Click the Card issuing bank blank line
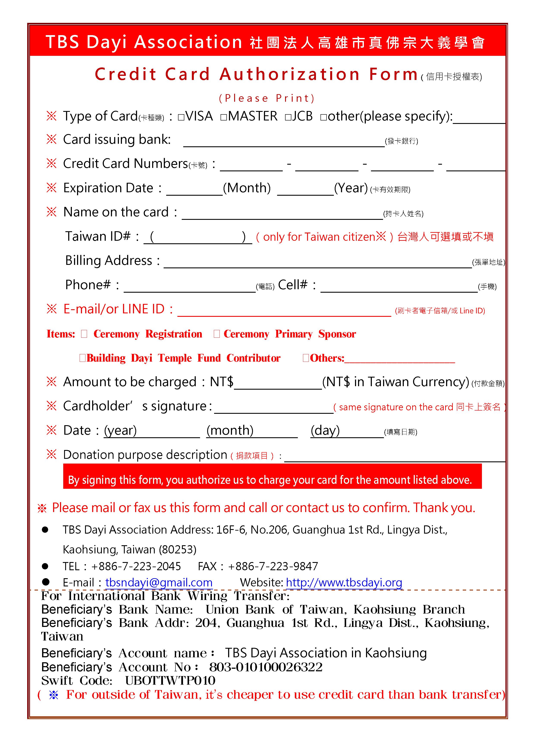(284, 142)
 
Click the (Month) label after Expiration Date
(247, 188)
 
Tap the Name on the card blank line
(282, 215)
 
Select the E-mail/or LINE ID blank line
(284, 311)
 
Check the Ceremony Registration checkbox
(84, 334)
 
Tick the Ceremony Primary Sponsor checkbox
(217, 334)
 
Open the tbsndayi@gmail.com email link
(159, 583)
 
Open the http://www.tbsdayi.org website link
(344, 583)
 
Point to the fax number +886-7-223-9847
(273, 566)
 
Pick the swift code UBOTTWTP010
(170, 681)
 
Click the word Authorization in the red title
(290, 74)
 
